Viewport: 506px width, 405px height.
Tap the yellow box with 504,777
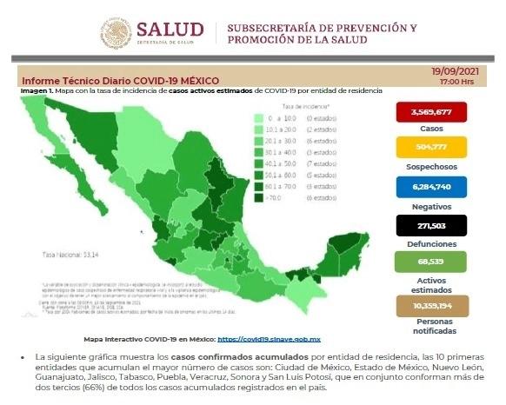coord(428,148)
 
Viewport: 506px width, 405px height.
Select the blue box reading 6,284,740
coord(428,186)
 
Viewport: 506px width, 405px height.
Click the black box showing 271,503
coord(428,225)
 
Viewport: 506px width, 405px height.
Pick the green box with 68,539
coord(428,262)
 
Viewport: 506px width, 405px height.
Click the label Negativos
coord(428,205)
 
